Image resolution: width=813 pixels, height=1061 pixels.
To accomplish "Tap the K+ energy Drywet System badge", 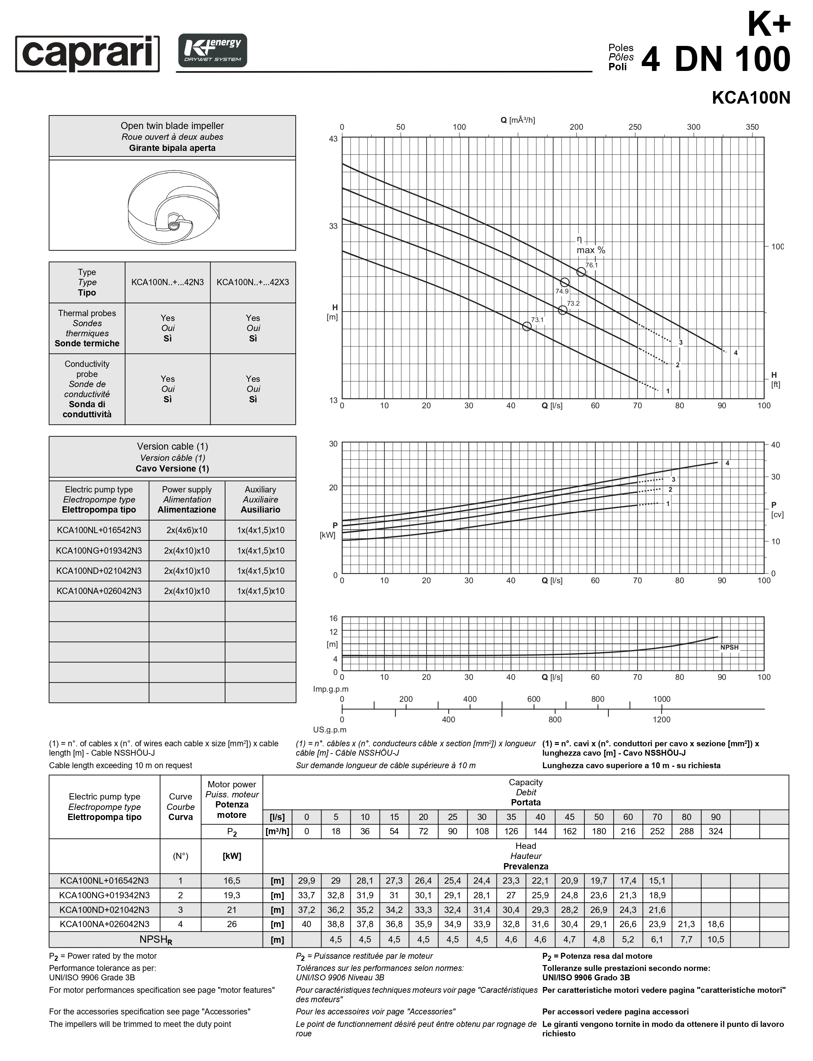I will point(213,50).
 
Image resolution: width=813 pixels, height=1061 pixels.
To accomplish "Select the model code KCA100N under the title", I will point(751,98).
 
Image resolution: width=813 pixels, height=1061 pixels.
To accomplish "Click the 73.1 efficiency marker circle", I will point(527,327).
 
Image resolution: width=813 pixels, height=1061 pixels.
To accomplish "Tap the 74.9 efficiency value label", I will point(562,291).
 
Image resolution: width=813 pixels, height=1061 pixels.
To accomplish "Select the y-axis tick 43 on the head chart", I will point(333,139).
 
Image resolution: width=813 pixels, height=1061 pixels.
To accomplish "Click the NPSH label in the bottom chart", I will point(729,647).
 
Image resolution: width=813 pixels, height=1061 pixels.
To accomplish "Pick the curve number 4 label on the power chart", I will point(727,463).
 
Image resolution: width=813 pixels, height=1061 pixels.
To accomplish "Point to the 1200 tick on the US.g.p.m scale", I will point(662,720).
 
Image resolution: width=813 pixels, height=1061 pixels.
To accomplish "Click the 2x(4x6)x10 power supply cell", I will point(187,530).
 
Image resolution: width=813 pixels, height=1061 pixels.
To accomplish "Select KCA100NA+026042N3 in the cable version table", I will point(99,591).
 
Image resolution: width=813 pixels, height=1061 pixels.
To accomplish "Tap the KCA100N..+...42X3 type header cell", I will point(253,282).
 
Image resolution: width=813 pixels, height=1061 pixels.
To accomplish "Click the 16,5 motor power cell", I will point(232,881).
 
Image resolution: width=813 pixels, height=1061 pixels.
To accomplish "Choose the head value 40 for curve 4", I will point(306,924).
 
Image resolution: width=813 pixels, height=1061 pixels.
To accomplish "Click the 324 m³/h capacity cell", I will point(716,831).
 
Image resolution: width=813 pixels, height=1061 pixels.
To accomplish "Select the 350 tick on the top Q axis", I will point(752,127).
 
